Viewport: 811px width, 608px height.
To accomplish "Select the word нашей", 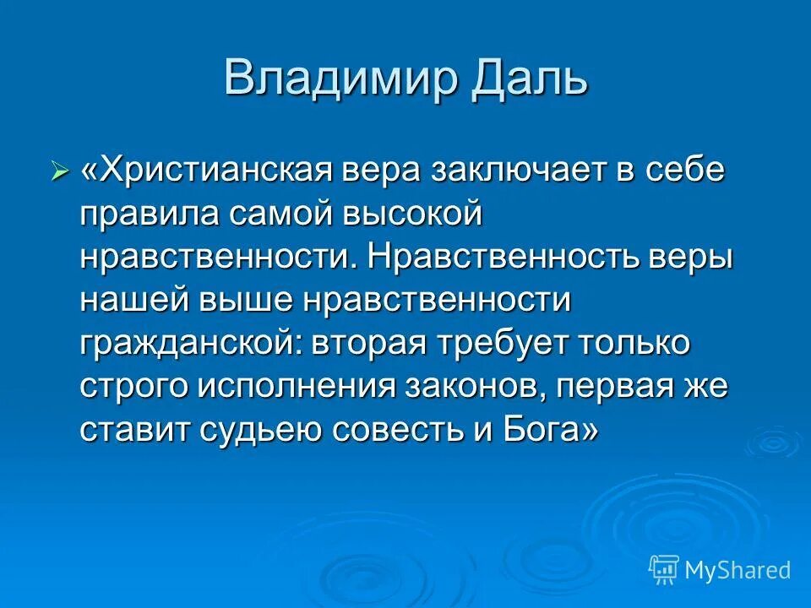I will tap(135, 301).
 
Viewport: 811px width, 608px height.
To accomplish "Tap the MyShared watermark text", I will tap(737, 570).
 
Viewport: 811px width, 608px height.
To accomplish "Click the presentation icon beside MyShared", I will tap(663, 570).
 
